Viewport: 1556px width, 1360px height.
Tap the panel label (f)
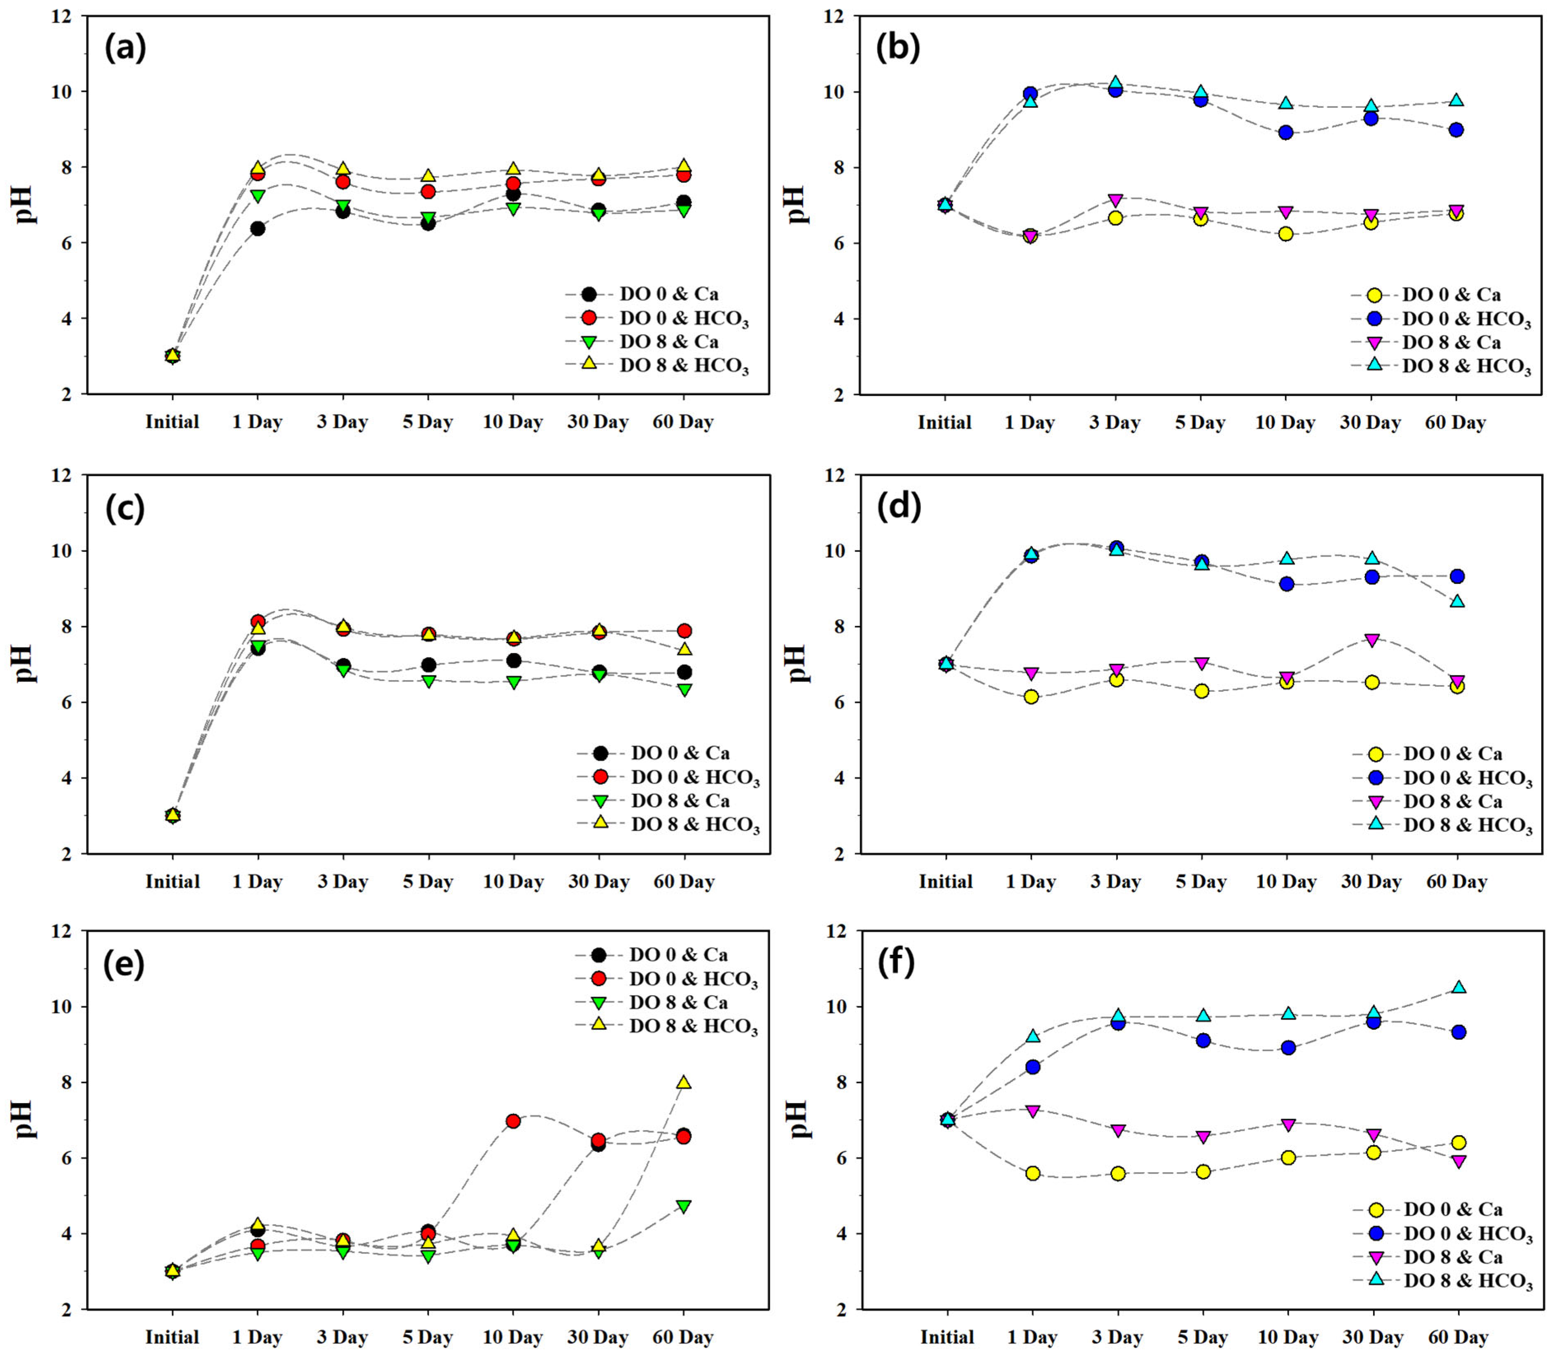tap(896, 963)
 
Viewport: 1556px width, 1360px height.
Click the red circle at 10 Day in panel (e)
tap(513, 1121)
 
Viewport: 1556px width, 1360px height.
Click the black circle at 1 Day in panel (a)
tap(257, 229)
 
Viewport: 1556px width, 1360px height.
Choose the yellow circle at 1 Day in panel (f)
tap(1032, 1173)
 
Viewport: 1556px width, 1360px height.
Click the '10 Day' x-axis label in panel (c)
tap(514, 882)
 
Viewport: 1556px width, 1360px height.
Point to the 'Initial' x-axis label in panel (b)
tap(944, 423)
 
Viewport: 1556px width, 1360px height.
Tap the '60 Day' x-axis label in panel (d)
tap(1457, 882)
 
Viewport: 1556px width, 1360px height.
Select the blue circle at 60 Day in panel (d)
tap(1457, 577)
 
